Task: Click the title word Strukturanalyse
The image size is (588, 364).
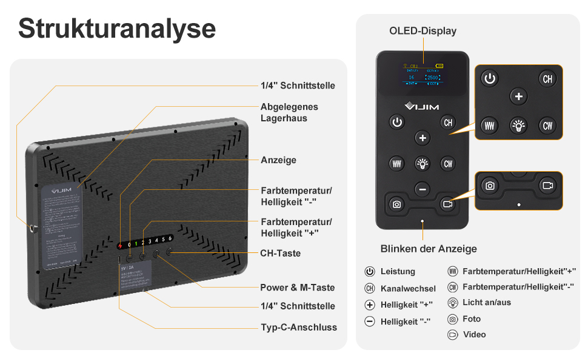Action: [x=116, y=29]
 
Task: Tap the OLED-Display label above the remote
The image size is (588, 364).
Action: [x=423, y=31]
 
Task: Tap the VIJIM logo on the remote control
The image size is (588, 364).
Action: [x=422, y=106]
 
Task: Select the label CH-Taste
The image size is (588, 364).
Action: [x=280, y=253]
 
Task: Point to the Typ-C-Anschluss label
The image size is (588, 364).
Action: [x=298, y=327]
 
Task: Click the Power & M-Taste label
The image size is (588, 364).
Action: [x=297, y=288]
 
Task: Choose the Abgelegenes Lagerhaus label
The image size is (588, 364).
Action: [x=289, y=112]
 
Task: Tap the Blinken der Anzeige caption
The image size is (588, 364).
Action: [x=428, y=249]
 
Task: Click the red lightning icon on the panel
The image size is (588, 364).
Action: [x=121, y=246]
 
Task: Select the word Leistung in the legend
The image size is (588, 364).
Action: [x=398, y=272]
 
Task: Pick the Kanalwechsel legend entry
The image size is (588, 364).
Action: [x=408, y=289]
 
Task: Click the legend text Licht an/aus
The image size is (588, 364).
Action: [x=486, y=303]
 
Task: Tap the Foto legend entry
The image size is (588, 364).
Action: [x=471, y=319]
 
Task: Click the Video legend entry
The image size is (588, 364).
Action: [x=474, y=335]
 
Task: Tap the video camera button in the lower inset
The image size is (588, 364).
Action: [x=547, y=186]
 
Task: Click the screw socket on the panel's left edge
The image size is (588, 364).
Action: [x=32, y=229]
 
